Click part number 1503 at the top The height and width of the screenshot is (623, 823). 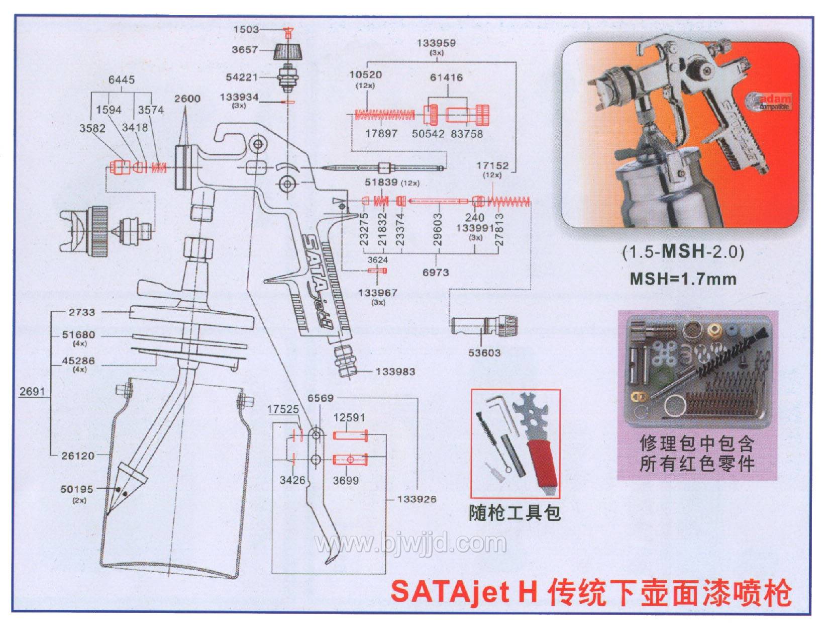[246, 29]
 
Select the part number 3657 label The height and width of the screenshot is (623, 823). [245, 49]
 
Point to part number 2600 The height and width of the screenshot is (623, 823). [187, 99]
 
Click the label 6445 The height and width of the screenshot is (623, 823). [122, 79]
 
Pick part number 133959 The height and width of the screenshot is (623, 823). [436, 43]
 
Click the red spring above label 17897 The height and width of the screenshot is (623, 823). [384, 115]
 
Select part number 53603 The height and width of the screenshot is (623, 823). [484, 352]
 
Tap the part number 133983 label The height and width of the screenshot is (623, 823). [395, 372]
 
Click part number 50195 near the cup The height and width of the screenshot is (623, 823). [77, 489]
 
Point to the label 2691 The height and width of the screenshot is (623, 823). [32, 391]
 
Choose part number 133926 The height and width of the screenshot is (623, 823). [417, 499]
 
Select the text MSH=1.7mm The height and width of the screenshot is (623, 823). [683, 279]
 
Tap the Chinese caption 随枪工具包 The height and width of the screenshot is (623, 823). [515, 513]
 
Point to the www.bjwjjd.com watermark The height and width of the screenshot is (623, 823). [410, 544]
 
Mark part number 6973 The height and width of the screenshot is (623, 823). [436, 272]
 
